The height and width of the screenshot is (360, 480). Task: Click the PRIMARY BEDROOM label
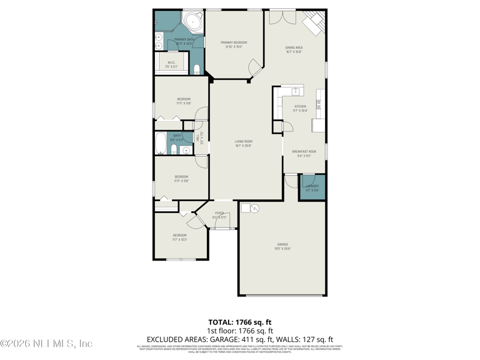point(233,43)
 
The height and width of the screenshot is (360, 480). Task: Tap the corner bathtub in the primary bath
point(192,22)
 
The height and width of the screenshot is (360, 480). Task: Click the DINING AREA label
point(293,47)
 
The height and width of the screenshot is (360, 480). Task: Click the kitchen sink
point(295,92)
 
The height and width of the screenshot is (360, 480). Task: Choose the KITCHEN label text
point(300,107)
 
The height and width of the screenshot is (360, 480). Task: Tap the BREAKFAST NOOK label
point(304,152)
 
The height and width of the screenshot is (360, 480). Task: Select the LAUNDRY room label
point(312,186)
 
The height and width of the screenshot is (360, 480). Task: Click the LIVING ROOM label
point(243,142)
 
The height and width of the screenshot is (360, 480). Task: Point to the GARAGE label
point(283,244)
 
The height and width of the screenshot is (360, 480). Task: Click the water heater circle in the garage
point(253,209)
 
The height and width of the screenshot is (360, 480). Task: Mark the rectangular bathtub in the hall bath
point(161,144)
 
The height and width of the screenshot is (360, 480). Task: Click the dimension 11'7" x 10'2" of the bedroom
point(180,239)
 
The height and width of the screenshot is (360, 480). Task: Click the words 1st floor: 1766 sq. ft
point(240,331)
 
